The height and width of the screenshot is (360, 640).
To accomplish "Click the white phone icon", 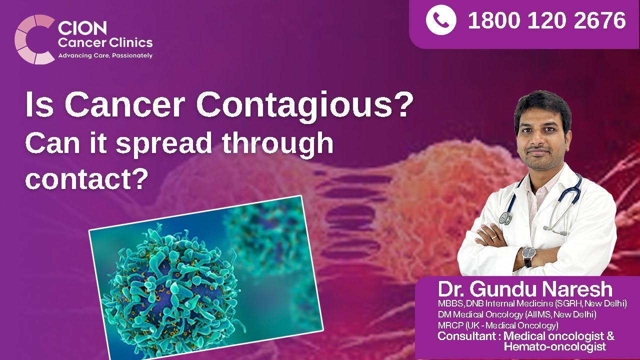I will click(x=440, y=20).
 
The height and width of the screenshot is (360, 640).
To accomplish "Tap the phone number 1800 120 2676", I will click(x=546, y=21).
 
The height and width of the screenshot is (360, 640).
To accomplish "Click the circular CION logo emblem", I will click(x=33, y=39).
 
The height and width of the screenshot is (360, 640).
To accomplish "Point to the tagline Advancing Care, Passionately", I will click(x=105, y=55).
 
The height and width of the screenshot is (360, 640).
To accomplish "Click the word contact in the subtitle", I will click(x=80, y=178).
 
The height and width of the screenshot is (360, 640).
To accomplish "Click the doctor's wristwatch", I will click(x=528, y=256).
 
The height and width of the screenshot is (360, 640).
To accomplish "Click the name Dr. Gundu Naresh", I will click(x=525, y=289).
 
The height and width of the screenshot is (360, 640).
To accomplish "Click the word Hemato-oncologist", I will click(x=554, y=347).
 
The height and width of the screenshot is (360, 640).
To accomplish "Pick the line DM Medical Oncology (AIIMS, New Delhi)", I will click(x=517, y=314).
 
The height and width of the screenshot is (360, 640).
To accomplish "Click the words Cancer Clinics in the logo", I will click(x=105, y=42).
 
